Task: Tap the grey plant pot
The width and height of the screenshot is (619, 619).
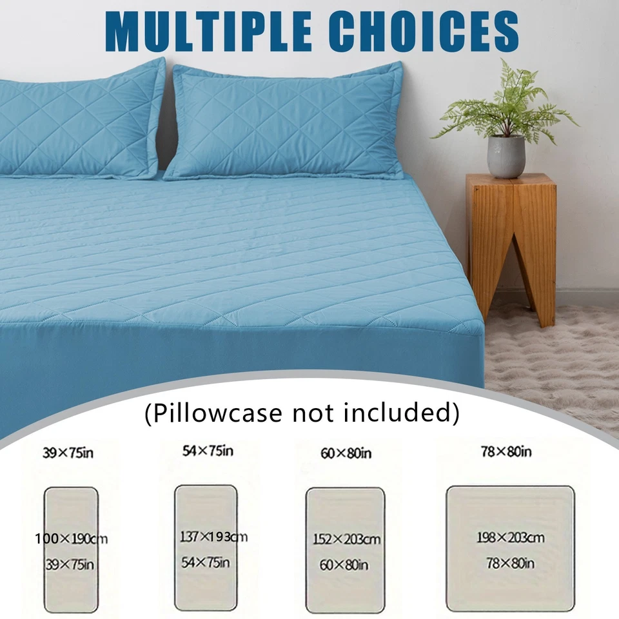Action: click(x=506, y=156)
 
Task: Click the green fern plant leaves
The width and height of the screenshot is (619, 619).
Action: click(x=506, y=106)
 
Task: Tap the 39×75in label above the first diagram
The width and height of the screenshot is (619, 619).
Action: click(x=68, y=453)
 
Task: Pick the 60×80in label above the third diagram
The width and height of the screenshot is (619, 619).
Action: click(x=346, y=453)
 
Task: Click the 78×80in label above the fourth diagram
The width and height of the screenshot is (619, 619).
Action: click(x=506, y=451)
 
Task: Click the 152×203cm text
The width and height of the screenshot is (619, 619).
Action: click(x=347, y=539)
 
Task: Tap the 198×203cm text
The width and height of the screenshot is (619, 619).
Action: click(x=511, y=537)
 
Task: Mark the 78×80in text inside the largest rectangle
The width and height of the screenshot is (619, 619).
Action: click(x=510, y=564)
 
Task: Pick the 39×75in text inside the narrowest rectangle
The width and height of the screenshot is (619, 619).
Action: click(x=70, y=565)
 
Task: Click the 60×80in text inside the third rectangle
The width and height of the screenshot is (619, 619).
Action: click(x=344, y=565)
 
